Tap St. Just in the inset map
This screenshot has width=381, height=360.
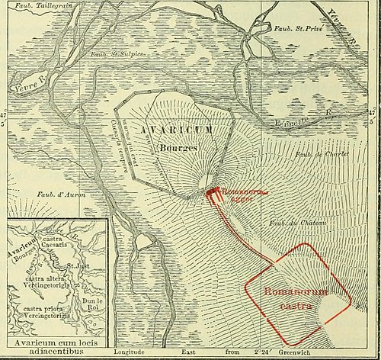79,266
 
